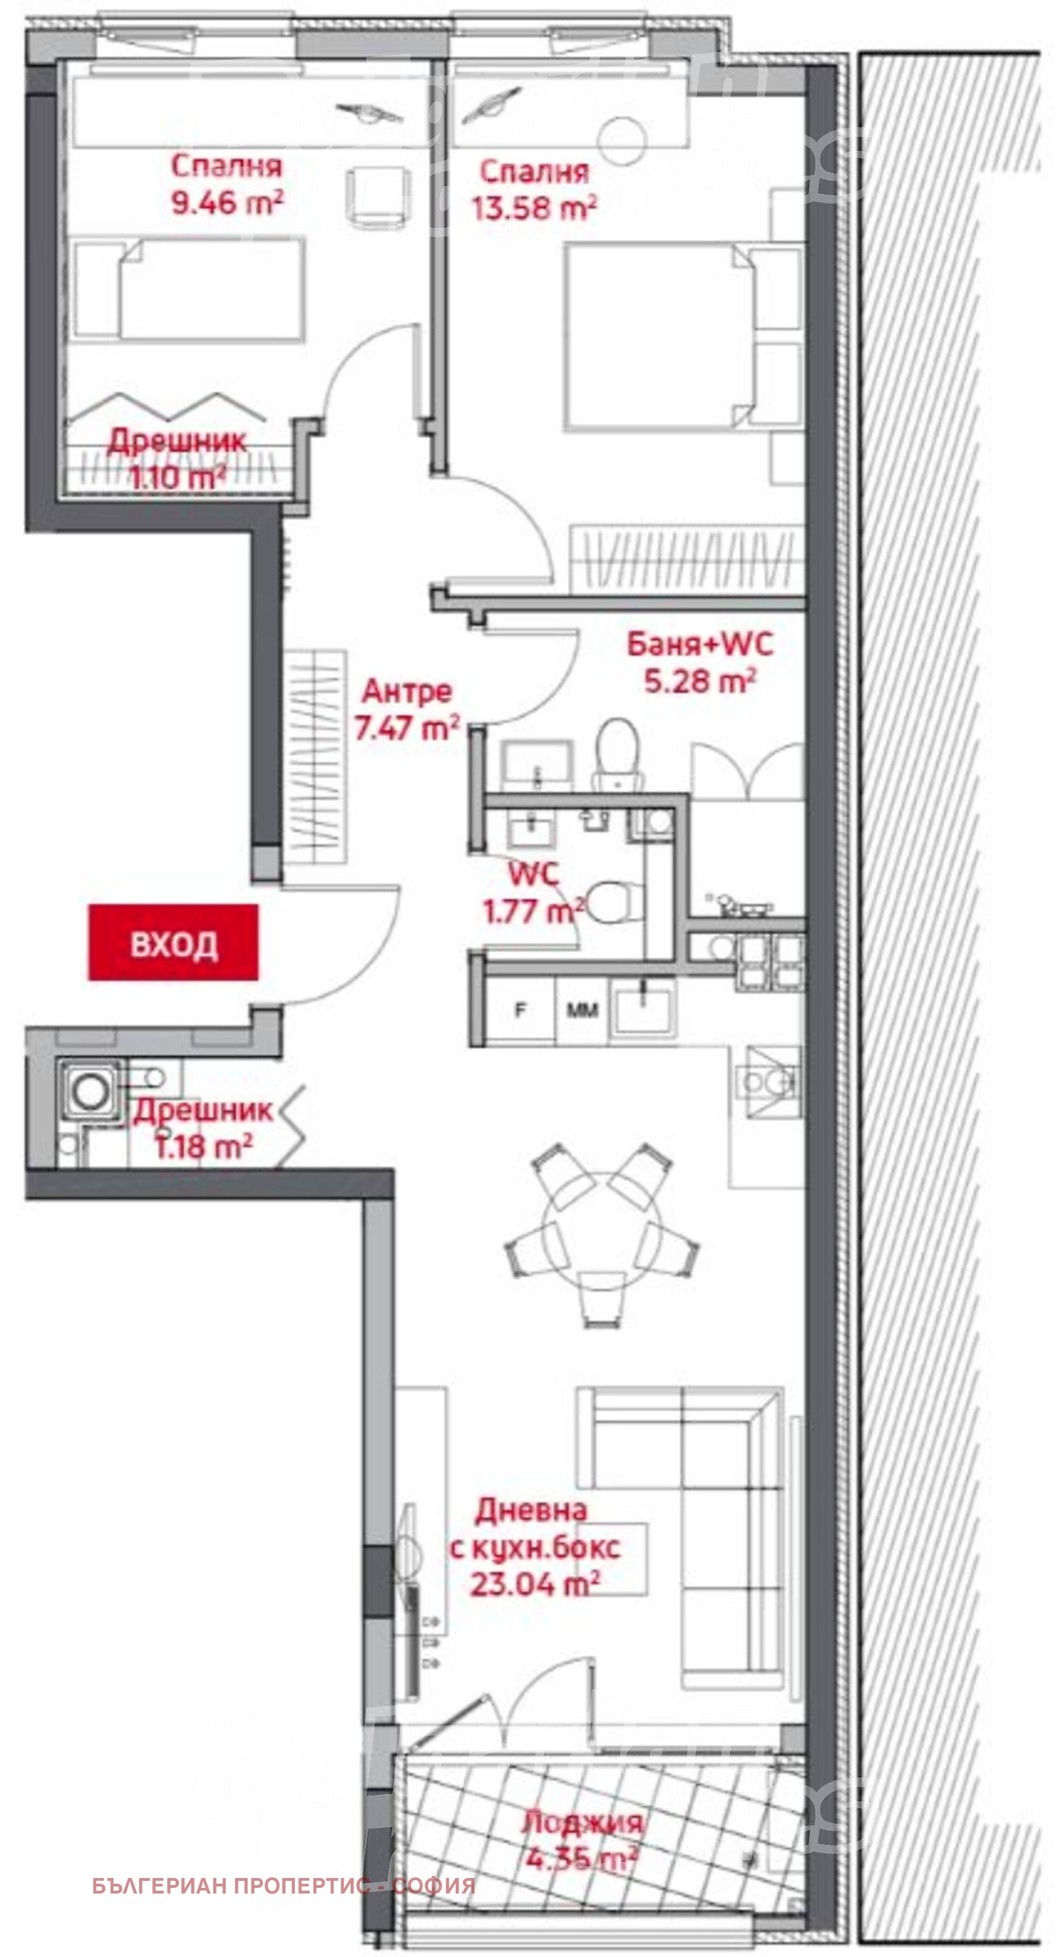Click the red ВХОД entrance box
click(x=174, y=942)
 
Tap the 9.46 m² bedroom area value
click(x=226, y=203)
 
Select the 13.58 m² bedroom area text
click(x=533, y=208)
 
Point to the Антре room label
click(x=407, y=690)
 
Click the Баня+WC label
click(x=699, y=645)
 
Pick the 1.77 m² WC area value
click(x=533, y=910)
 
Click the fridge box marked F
click(x=521, y=1010)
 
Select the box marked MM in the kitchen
click(x=582, y=1010)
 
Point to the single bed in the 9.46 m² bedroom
click(x=190, y=289)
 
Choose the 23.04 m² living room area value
click(x=535, y=1584)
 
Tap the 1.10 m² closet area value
click(x=177, y=478)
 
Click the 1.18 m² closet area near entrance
click(x=203, y=1147)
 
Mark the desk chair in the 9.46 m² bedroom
click(x=379, y=196)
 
